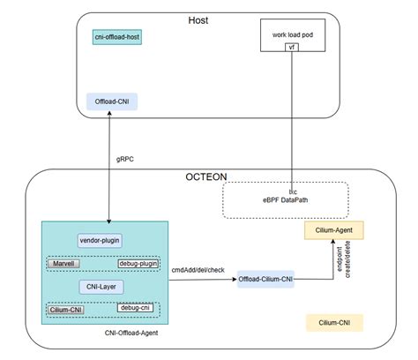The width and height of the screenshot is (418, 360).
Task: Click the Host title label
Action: (x=198, y=19)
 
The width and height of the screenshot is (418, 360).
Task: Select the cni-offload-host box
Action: (x=117, y=37)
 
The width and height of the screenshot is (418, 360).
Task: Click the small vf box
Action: (x=291, y=46)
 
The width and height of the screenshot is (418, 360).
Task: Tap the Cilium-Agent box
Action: (x=334, y=230)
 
